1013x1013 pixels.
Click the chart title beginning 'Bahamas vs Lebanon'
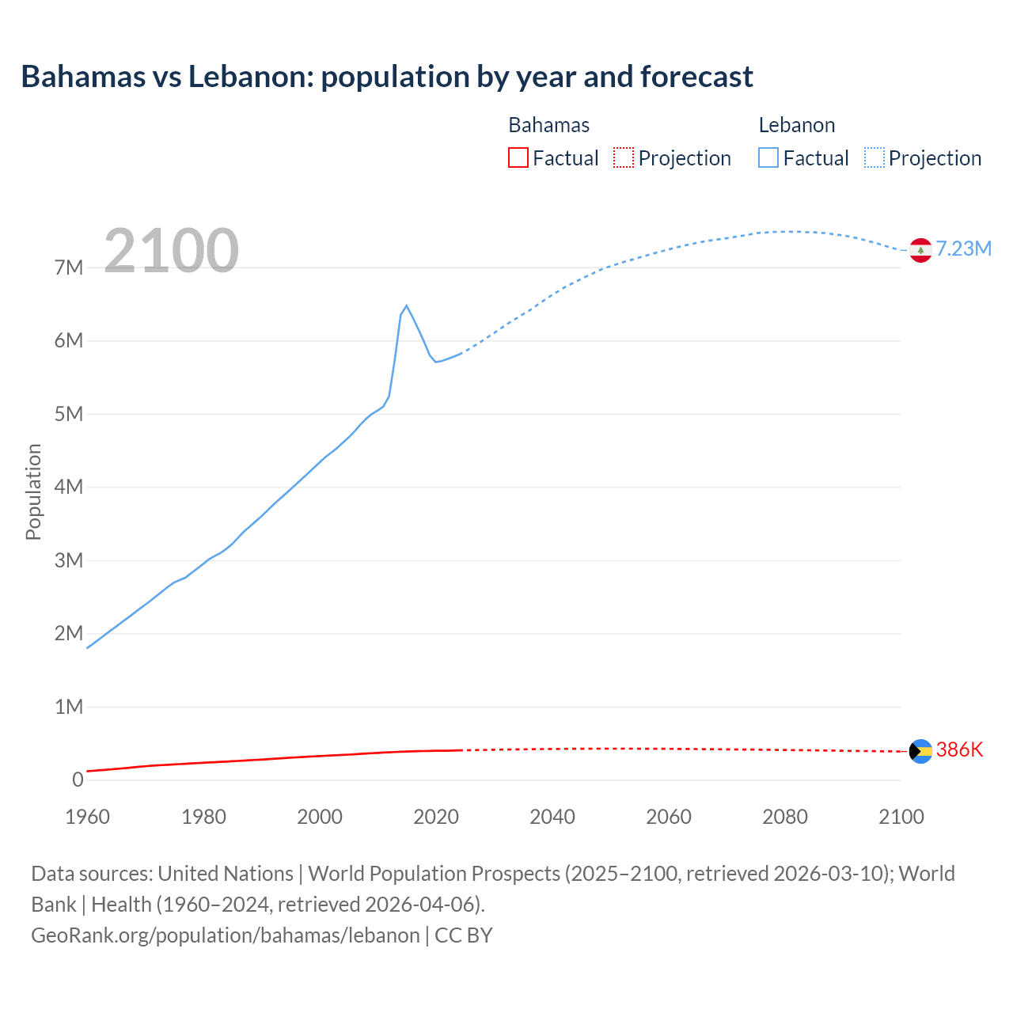[x=387, y=77]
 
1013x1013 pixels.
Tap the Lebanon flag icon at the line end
[x=920, y=249]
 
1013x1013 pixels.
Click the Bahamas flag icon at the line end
[x=920, y=751]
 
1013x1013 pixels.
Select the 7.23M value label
[x=963, y=249]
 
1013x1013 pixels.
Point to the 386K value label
[x=959, y=750]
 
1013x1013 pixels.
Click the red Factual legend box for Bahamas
[x=518, y=158]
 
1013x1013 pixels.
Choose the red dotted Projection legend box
[x=624, y=158]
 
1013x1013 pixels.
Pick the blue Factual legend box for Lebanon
[x=768, y=158]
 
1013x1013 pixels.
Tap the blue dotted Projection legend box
[x=875, y=158]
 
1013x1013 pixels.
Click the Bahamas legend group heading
[x=548, y=125]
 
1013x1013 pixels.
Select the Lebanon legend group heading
[x=797, y=125]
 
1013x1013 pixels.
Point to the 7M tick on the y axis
[x=69, y=267]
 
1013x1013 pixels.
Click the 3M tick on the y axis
[x=69, y=560]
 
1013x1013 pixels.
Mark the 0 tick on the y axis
[x=78, y=780]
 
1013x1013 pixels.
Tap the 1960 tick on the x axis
[x=87, y=817]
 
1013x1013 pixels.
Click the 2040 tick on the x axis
[x=552, y=817]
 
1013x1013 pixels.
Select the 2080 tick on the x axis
[x=785, y=817]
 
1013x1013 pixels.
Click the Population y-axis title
[x=33, y=491]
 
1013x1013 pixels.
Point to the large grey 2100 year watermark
[x=171, y=251]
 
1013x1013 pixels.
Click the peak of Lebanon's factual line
[x=406, y=305]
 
